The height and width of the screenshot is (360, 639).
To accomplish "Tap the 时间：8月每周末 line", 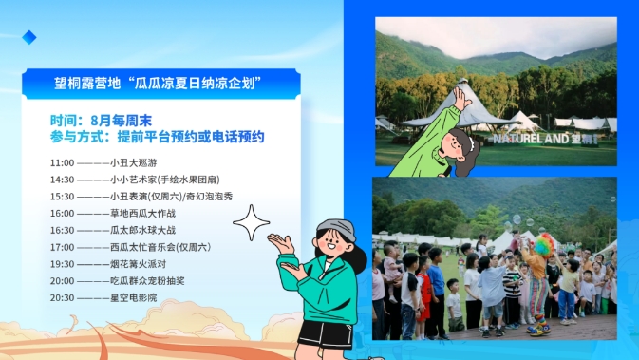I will coord(101,122).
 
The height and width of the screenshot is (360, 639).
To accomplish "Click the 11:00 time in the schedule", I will coord(62,163).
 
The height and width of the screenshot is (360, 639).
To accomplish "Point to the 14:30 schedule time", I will coord(62,180).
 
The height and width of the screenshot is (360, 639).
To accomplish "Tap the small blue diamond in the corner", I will coord(29,37).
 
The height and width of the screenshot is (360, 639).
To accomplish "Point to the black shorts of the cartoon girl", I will coord(325,332).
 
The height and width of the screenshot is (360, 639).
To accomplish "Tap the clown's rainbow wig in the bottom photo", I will coord(543,245).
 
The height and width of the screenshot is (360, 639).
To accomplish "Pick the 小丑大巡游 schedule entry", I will coord(132,163).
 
